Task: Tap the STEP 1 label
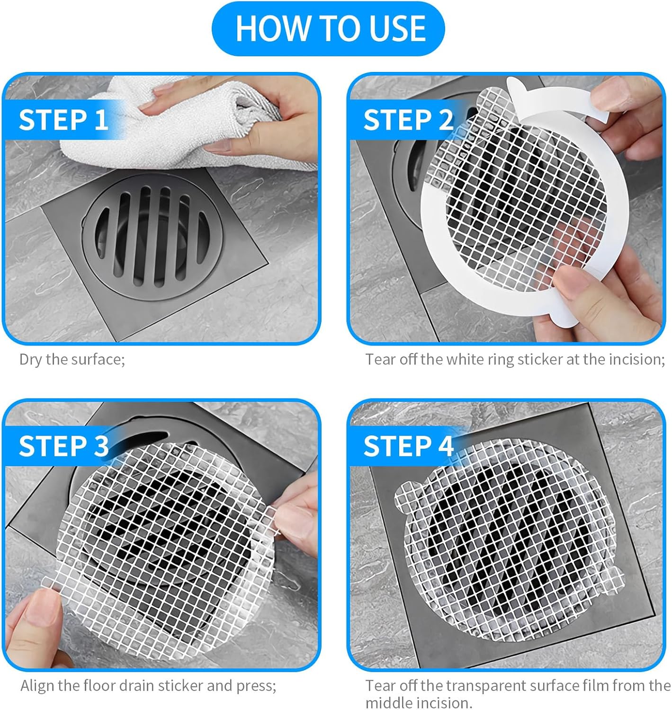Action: [x=63, y=120]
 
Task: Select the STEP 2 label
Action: [x=408, y=120]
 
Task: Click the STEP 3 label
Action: [x=63, y=446]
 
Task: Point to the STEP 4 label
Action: [x=408, y=446]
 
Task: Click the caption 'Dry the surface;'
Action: [x=72, y=360]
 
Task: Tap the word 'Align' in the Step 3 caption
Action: [x=37, y=685]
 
